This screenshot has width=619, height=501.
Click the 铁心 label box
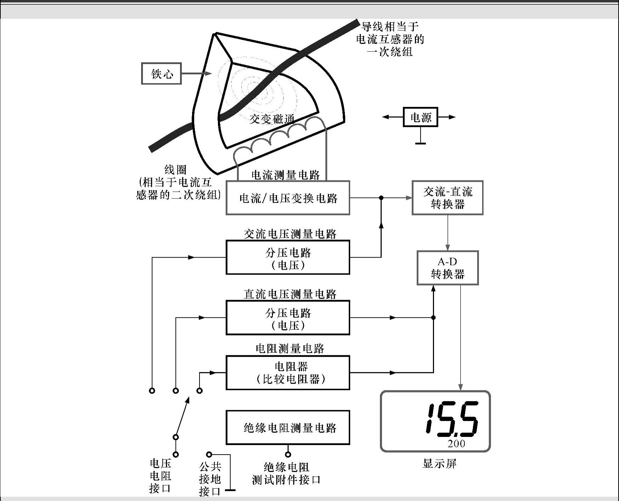click(161, 74)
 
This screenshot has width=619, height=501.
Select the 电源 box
click(420, 117)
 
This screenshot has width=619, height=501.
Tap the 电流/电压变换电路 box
click(288, 198)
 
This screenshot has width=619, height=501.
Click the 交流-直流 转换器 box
click(447, 198)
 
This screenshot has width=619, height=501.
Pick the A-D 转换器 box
click(447, 268)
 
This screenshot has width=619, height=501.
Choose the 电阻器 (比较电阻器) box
click(288, 373)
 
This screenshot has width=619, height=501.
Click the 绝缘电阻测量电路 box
click(288, 427)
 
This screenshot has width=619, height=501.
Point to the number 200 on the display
click(456, 444)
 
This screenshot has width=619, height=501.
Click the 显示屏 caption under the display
click(439, 463)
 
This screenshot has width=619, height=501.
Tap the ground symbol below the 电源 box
click(420, 143)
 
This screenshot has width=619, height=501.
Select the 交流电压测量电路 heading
click(290, 234)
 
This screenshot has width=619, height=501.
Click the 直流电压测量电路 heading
click(290, 294)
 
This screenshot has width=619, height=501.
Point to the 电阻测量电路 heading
click(290, 349)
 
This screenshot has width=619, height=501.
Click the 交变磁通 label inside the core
click(272, 119)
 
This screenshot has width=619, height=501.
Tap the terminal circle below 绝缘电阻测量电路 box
click(288, 454)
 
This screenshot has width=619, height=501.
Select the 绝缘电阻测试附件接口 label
click(287, 473)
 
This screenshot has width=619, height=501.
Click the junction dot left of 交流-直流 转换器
click(381, 198)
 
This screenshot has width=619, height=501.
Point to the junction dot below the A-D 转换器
click(433, 318)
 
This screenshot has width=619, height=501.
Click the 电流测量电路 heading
click(286, 175)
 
